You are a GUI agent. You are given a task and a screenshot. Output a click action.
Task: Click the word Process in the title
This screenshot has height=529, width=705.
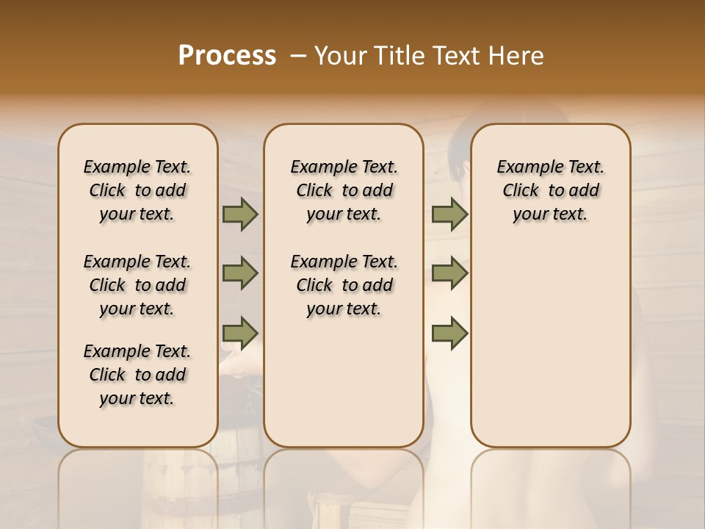tap(227, 56)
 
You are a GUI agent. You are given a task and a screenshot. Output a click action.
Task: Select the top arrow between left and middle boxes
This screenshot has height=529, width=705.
tap(239, 215)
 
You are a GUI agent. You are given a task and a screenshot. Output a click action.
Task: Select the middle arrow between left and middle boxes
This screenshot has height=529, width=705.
tap(239, 274)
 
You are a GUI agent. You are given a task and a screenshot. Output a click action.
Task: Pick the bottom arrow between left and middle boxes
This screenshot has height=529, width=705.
tap(239, 333)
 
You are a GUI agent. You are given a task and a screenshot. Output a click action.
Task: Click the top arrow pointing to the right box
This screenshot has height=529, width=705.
tap(449, 215)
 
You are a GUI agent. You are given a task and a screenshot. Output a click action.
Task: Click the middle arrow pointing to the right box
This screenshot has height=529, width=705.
tap(449, 274)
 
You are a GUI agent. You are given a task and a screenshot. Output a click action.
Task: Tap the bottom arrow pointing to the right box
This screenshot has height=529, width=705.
tap(449, 333)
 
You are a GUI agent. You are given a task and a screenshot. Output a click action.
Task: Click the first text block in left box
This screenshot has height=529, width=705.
tap(137, 190)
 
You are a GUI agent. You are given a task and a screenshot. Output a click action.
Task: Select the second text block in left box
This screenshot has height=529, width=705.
tap(137, 285)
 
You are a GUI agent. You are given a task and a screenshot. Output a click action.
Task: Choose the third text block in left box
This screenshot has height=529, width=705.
tap(137, 375)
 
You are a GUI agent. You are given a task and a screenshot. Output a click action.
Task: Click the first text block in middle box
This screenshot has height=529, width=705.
tap(344, 190)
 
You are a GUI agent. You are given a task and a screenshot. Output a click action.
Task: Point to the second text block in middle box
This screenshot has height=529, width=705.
tap(344, 285)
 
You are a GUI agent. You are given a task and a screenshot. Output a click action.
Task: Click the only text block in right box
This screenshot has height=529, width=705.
tap(550, 190)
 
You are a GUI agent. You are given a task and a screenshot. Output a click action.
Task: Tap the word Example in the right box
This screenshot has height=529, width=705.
tap(524, 168)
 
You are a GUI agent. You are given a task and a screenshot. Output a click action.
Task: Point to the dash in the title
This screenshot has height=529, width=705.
tap(297, 56)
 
